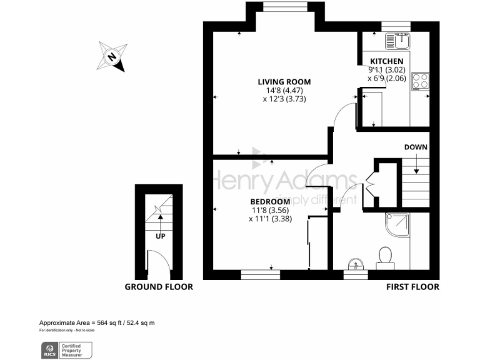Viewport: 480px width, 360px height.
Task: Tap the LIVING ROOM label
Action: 284,82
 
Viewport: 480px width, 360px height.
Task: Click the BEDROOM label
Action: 269,201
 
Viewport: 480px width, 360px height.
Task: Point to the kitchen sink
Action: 397,41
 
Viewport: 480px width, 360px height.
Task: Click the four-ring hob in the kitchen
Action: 420,81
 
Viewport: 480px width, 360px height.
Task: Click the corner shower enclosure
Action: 397,225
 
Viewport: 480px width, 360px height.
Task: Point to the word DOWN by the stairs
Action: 416,147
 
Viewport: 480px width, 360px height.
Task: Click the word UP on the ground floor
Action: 161,237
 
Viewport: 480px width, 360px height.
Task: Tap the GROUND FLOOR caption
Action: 159,287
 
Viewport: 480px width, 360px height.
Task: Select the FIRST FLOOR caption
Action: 412,287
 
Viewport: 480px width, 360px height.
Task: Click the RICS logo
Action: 49,350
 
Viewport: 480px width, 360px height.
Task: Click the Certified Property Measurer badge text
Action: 76,350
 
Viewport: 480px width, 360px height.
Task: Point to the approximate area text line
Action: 97,322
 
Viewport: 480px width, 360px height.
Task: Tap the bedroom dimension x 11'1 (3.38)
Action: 269,219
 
